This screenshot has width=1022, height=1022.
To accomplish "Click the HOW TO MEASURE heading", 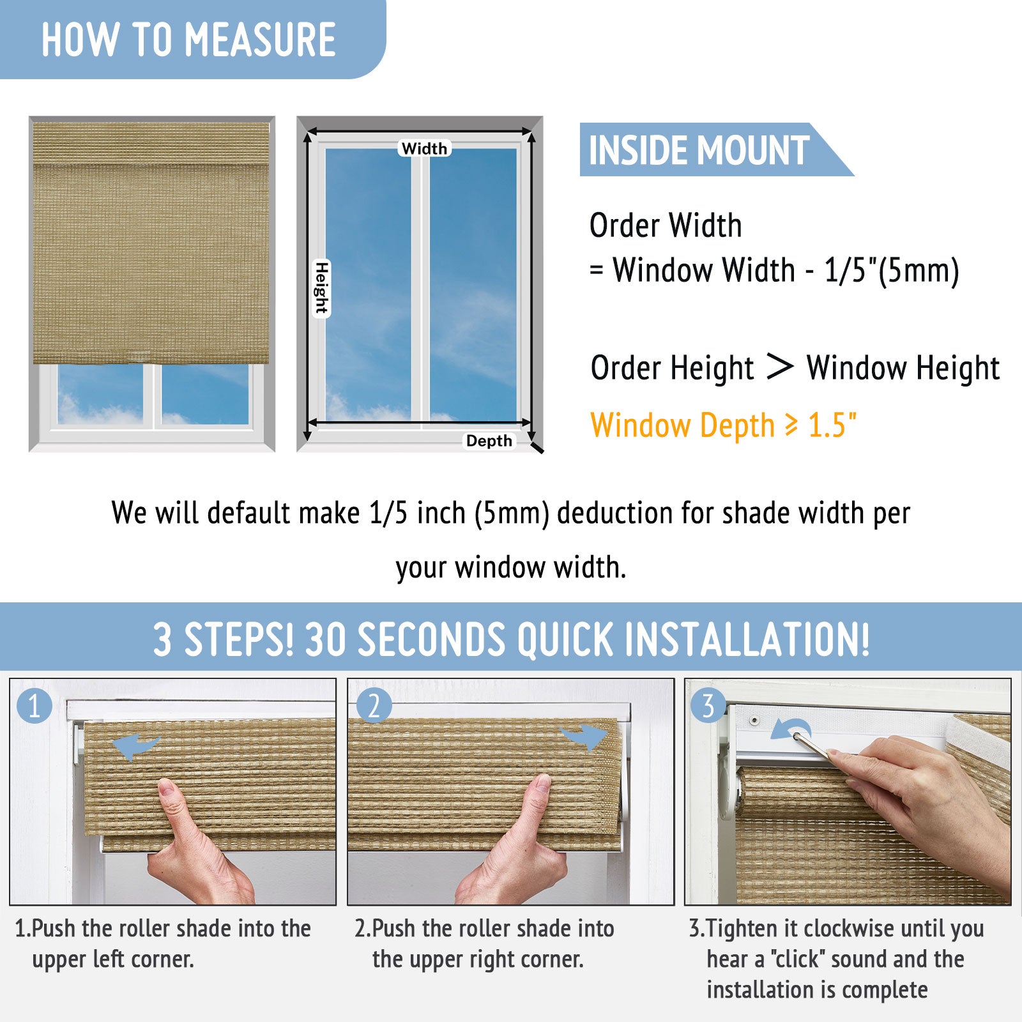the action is [189, 40].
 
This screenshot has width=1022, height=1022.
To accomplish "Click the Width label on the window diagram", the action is [424, 149].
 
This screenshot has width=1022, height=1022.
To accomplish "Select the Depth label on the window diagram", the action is [489, 441].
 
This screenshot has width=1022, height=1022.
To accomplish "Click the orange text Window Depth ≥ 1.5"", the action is [723, 425].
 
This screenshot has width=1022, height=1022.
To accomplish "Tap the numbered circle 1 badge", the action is [34, 706].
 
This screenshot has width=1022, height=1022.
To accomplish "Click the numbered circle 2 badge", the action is [374, 706].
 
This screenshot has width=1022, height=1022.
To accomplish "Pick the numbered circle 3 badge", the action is [708, 706].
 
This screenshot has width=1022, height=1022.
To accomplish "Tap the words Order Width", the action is [666, 225].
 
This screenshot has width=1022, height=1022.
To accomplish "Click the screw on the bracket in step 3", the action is [754, 720].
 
